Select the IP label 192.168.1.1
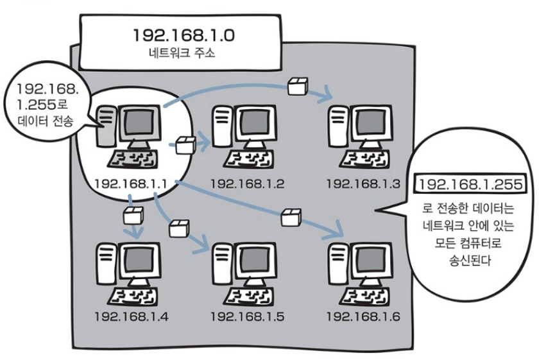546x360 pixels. [x=130, y=184]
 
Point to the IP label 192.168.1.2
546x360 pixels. [x=247, y=184]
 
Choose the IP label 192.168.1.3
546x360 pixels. [x=363, y=184]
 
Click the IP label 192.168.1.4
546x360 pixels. [x=130, y=316]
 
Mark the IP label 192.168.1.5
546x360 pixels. [x=247, y=316]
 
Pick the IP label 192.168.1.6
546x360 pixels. [x=363, y=316]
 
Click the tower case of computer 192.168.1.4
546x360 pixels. [x=105, y=263]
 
